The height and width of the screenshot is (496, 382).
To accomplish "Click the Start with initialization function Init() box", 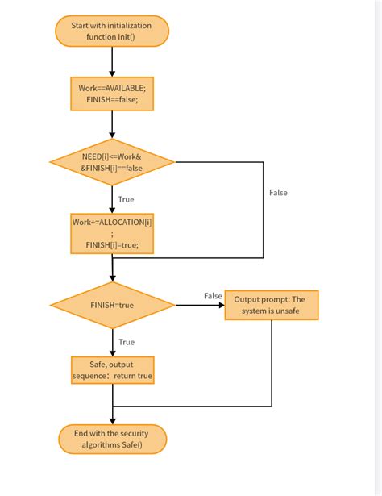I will pos(112,31).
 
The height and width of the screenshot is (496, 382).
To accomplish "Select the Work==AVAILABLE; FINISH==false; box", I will pos(112,93).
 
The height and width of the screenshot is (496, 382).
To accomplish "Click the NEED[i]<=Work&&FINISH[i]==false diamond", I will pos(112,161).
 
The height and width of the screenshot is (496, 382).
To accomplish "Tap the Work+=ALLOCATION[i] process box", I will pos(112,234).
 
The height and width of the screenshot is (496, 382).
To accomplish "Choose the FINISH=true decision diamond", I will pos(112,305).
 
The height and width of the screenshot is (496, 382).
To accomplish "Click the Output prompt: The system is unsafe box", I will pos(271,305).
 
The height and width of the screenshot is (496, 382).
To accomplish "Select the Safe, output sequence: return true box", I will pos(112,370).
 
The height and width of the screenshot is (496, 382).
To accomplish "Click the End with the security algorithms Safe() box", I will pos(112,440).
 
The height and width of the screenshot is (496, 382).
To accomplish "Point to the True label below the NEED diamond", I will pos(126,198).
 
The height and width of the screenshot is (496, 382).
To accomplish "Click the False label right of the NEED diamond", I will pos(278,193).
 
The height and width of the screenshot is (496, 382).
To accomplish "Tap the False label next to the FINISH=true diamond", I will pos(213,296).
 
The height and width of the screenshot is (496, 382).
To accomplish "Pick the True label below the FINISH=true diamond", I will pos(126,342).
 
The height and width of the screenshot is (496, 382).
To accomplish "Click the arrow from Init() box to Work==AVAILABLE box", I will pos(112,61).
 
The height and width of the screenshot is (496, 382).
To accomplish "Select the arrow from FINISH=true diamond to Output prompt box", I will pos(199,305).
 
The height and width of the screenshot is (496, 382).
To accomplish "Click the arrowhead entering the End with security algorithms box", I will pos(112,420).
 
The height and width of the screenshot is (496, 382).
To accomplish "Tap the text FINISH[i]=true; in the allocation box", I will pos(112,246).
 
